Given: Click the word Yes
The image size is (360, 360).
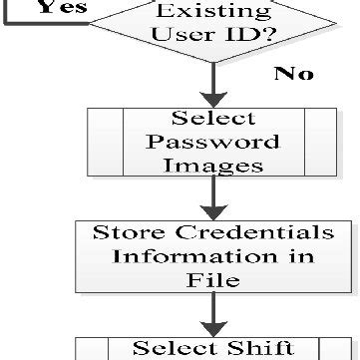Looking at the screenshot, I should click(49, 7).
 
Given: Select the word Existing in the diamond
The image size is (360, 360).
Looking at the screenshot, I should click(210, 13).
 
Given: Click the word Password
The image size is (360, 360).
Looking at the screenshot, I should click(212, 141).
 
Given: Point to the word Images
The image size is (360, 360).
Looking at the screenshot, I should click(212, 164).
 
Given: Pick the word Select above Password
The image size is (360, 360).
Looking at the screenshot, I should click(212, 118).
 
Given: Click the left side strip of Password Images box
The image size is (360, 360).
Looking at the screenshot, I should click(105, 141).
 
